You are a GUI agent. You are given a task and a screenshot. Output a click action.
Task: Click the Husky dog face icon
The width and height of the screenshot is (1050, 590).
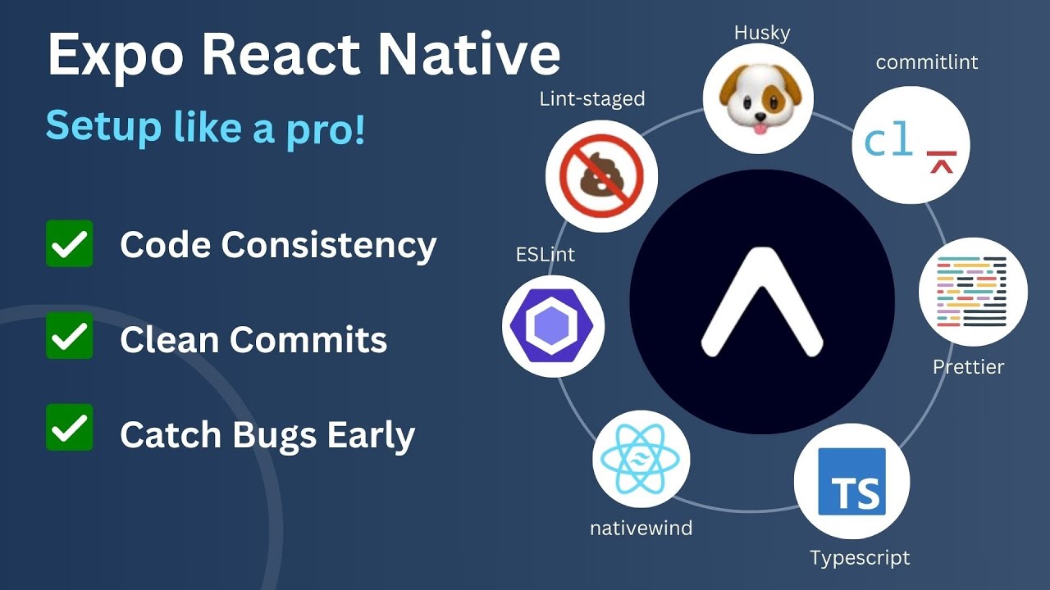click(x=758, y=98)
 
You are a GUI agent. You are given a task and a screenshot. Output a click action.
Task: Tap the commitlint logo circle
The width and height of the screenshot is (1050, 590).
click(x=911, y=146)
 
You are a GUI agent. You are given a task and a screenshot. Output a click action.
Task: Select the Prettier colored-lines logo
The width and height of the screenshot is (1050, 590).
click(x=973, y=292)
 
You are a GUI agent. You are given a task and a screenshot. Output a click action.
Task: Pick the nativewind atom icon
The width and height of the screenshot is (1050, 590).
click(x=641, y=460)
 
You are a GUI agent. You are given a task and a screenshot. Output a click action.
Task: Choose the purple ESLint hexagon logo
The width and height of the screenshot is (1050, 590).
click(x=553, y=326)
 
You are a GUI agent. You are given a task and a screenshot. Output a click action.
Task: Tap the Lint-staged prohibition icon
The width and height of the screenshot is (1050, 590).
click(x=602, y=175)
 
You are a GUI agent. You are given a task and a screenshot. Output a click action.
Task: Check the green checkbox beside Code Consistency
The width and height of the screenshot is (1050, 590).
click(x=70, y=243)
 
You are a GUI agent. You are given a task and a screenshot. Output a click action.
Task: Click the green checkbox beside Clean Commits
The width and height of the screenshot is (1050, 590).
click(x=70, y=335)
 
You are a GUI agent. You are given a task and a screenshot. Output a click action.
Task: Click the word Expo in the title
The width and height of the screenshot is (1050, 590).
click(x=115, y=56)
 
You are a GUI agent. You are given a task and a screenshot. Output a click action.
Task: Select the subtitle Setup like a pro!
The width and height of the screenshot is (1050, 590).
click(x=205, y=126)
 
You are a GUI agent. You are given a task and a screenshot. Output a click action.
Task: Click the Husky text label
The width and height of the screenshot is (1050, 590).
click(x=762, y=33)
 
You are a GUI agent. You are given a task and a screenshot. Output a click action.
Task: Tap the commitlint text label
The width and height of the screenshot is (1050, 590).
click(x=927, y=61)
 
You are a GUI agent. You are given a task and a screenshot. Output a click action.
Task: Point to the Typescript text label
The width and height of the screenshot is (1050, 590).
click(x=860, y=558)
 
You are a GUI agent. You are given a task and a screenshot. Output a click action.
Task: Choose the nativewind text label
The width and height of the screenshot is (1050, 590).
click(x=641, y=529)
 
